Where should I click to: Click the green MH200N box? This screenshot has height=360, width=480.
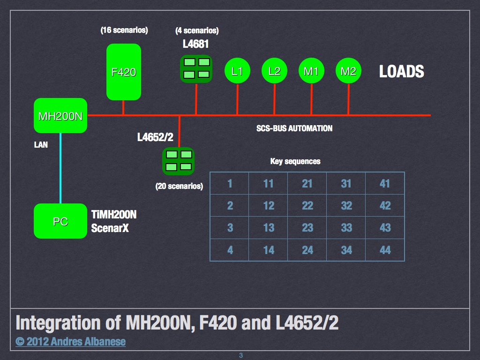pyautogui.click(x=60, y=116)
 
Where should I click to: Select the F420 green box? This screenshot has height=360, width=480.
pyautogui.click(x=124, y=72)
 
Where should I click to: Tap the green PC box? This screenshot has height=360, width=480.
pyautogui.click(x=60, y=221)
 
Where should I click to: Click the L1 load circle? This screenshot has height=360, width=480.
pyautogui.click(x=237, y=71)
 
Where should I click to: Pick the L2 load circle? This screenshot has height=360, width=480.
pyautogui.click(x=274, y=71)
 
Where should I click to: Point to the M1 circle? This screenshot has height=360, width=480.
pyautogui.click(x=311, y=71)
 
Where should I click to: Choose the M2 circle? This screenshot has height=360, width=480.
pyautogui.click(x=348, y=71)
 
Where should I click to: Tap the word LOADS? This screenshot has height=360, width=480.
pyautogui.click(x=401, y=72)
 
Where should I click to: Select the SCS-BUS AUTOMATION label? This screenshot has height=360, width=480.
pyautogui.click(x=294, y=128)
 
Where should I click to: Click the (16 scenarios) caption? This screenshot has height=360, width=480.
pyautogui.click(x=124, y=30)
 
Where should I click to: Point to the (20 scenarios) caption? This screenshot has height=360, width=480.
pyautogui.click(x=179, y=186)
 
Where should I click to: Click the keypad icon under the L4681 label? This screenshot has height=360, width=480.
pyautogui.click(x=196, y=68)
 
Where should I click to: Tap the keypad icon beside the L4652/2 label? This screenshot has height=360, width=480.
pyautogui.click(x=178, y=160)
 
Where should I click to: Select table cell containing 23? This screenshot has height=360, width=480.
pyautogui.click(x=307, y=228)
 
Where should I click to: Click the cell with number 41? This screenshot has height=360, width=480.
pyautogui.click(x=385, y=183)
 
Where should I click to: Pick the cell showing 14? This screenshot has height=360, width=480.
pyautogui.click(x=269, y=250)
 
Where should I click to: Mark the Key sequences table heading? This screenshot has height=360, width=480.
pyautogui.click(x=295, y=161)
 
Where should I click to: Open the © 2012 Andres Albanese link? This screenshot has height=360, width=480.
pyautogui.click(x=70, y=341)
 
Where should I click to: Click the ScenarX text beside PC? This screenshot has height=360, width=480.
pyautogui.click(x=110, y=229)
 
